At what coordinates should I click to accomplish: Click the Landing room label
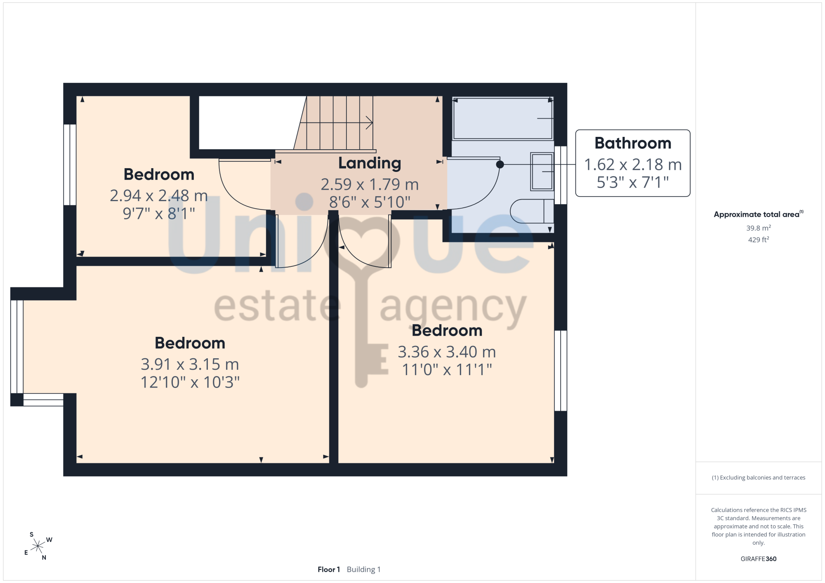(370, 164)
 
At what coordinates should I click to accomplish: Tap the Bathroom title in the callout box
(633, 143)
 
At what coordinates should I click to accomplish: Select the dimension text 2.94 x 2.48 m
(159, 195)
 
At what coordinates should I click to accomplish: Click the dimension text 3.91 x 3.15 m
(190, 364)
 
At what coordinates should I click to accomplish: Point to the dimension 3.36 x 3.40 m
(447, 352)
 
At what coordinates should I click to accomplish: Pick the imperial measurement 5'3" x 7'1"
(633, 182)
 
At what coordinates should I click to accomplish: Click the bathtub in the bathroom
(503, 118)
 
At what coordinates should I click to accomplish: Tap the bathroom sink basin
(542, 172)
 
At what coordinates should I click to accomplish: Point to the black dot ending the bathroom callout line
(500, 165)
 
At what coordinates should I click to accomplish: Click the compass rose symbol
(38, 546)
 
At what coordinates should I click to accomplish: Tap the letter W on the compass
(49, 540)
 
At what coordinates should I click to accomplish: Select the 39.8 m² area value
(758, 228)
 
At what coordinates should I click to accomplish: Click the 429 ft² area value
(758, 240)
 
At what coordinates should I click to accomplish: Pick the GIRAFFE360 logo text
(758, 559)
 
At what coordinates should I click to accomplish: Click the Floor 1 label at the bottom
(329, 569)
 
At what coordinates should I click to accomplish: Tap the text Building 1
(363, 569)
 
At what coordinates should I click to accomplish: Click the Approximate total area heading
(757, 214)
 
